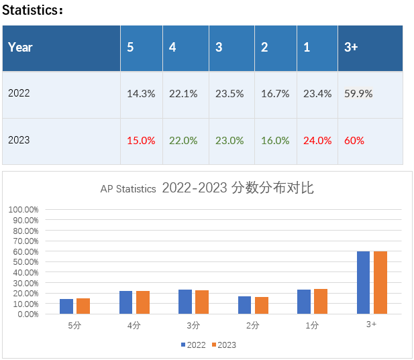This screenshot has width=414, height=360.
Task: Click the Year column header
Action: click(20, 48)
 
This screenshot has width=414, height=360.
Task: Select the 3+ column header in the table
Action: click(351, 48)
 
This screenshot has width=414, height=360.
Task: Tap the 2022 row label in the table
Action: click(19, 93)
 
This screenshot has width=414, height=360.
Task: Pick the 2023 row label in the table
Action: click(19, 140)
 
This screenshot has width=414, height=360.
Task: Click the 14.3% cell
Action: click(141, 94)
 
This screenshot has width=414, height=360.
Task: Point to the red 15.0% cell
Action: click(141, 141)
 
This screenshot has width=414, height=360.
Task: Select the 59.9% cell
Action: click(358, 94)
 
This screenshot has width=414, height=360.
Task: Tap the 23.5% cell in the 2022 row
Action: click(229, 94)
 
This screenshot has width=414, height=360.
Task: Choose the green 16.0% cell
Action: click(275, 141)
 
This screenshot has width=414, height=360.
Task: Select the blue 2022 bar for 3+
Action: click(363, 282)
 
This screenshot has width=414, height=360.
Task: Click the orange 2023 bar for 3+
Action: click(380, 282)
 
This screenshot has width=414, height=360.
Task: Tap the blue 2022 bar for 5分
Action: click(66, 306)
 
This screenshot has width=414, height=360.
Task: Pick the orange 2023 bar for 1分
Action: click(321, 301)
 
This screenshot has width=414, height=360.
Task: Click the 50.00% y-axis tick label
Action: click(25, 261)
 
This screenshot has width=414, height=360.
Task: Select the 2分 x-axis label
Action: click(253, 324)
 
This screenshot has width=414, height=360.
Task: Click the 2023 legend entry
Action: click(223, 345)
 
